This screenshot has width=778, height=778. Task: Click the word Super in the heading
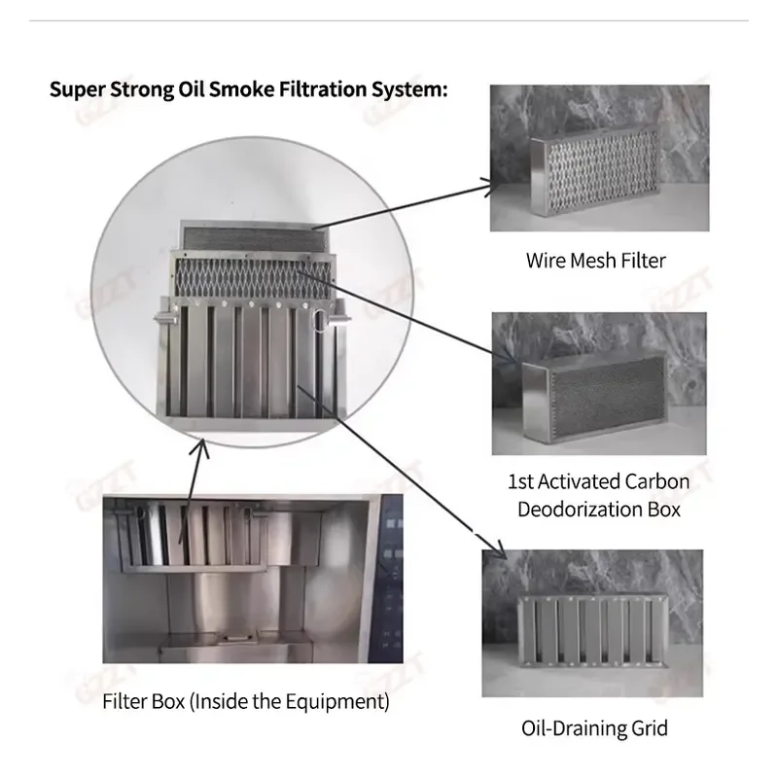pyautogui.click(x=78, y=89)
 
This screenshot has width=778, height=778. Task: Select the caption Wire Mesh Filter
pyautogui.click(x=596, y=261)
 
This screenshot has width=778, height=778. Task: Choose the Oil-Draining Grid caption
pyautogui.click(x=594, y=728)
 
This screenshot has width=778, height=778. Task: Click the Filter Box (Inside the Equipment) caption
pyautogui.click(x=246, y=701)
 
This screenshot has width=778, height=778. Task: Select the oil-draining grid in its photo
pyautogui.click(x=594, y=631)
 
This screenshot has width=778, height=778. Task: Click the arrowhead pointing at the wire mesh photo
pyautogui.click(x=489, y=188)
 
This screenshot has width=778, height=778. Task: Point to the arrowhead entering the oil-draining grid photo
pyautogui.click(x=499, y=550)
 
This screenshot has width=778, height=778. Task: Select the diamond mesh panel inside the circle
pyautogui.click(x=254, y=278)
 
